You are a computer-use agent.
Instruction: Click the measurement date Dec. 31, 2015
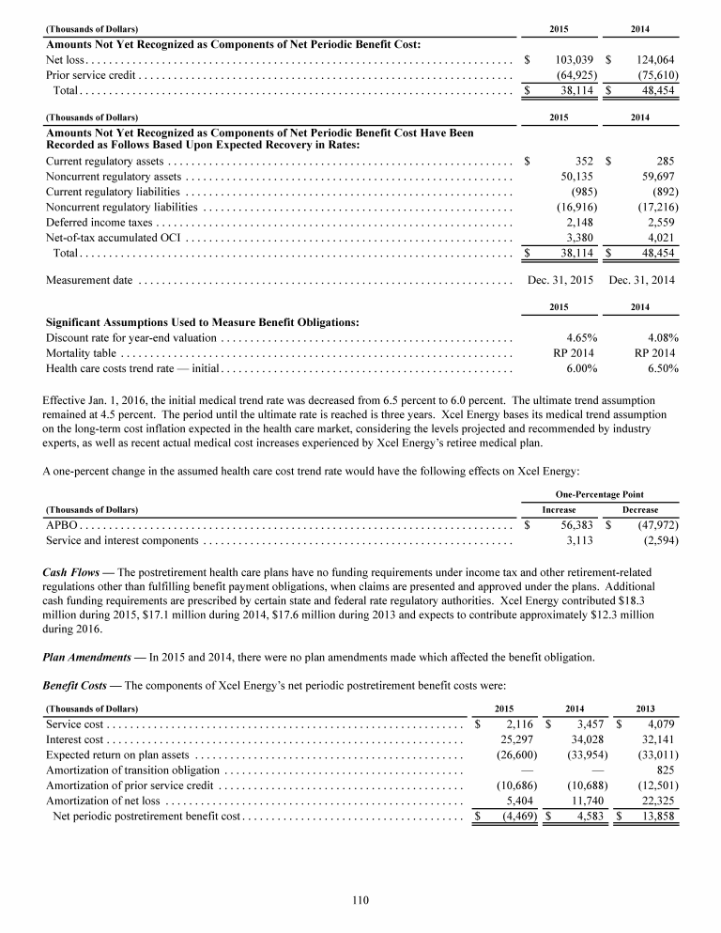(560, 279)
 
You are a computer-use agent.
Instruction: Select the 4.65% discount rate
(583, 337)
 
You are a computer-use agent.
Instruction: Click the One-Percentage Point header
(603, 494)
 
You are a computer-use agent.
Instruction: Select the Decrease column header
(640, 509)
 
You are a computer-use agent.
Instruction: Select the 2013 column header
(647, 708)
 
